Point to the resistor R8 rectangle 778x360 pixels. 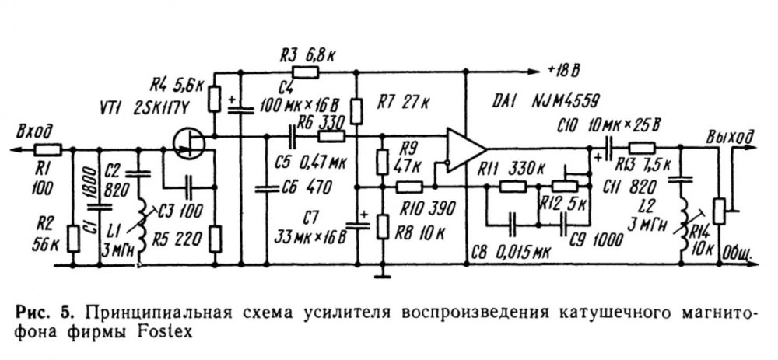382,227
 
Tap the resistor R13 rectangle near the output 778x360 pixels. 643,148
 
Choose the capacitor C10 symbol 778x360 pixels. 609,148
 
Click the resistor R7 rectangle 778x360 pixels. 356,110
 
